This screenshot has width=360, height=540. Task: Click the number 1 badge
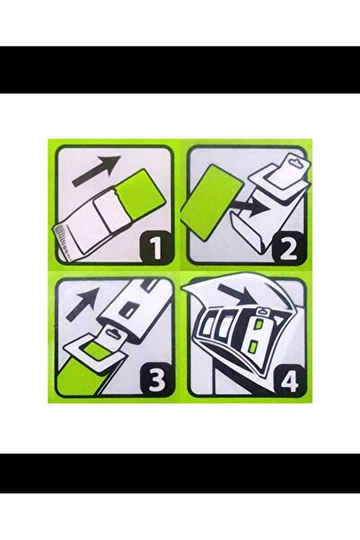155,247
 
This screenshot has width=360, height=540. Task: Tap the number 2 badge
288,247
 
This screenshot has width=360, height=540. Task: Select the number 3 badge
155,379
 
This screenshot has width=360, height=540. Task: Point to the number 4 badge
288,379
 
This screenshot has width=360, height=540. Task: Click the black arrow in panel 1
97,170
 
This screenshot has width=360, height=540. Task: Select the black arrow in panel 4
238,294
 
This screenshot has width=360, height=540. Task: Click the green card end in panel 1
140,192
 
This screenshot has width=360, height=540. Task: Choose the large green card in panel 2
212,202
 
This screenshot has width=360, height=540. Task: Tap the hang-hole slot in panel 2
294,160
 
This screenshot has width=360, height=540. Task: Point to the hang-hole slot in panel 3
112,332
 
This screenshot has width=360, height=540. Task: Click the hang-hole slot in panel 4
263,311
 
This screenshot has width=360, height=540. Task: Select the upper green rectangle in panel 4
259,323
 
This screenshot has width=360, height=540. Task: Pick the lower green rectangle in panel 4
254,347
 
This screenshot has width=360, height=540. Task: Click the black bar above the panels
180,69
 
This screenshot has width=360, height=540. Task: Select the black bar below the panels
180,474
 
